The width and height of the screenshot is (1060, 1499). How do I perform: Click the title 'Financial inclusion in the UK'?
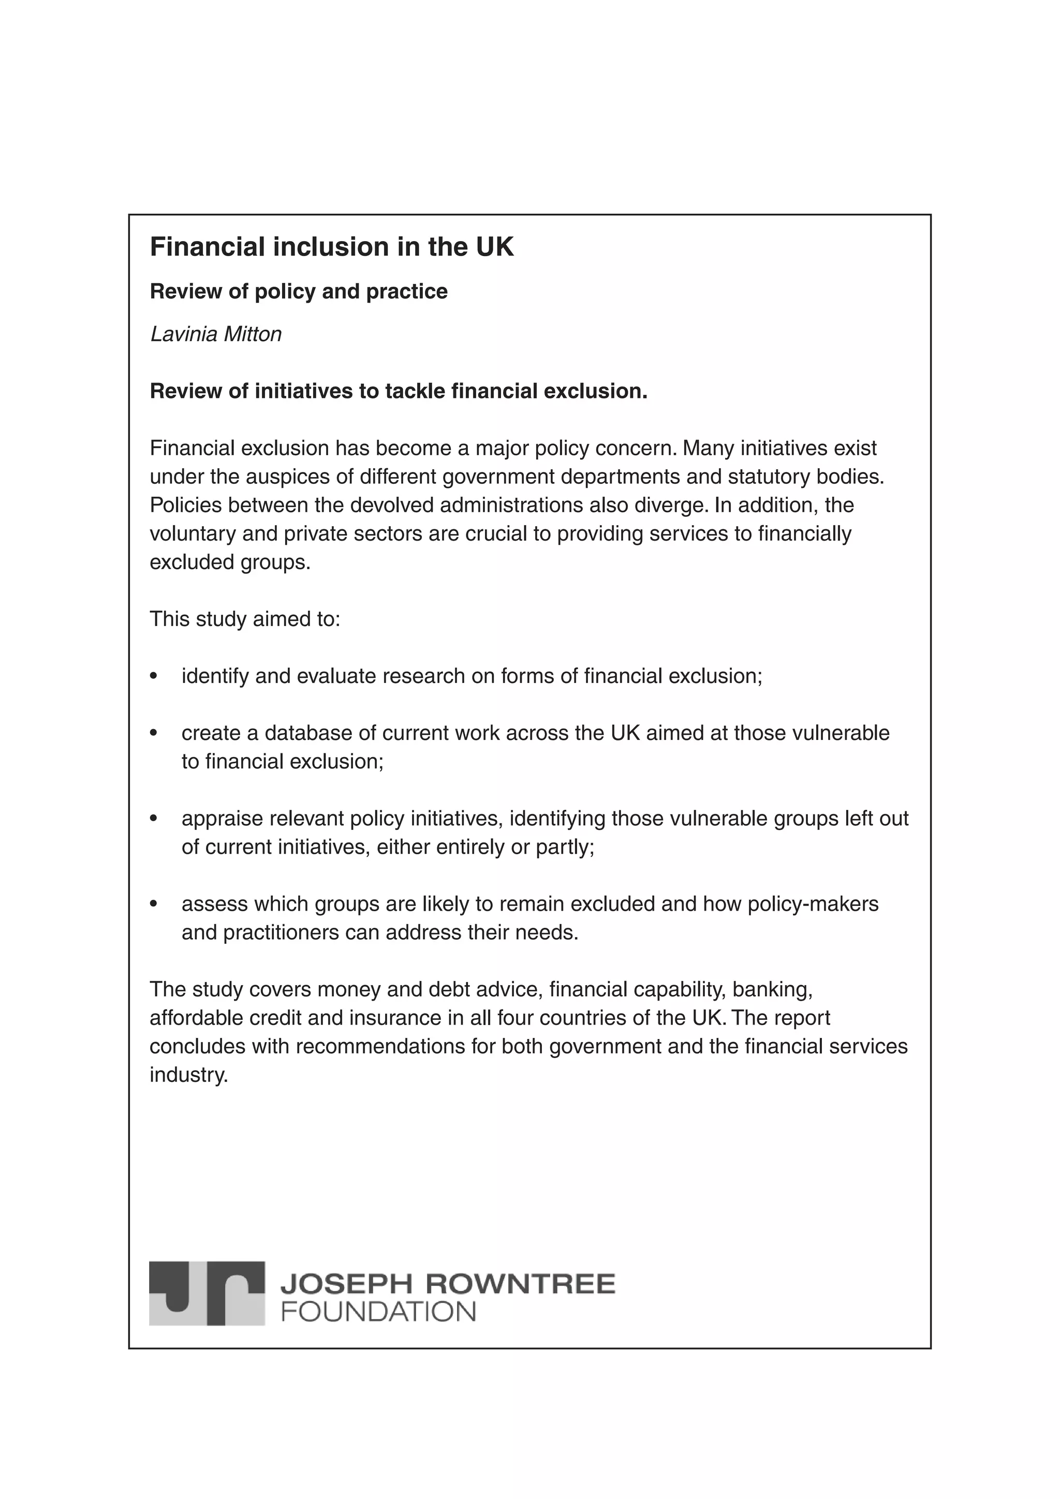332,247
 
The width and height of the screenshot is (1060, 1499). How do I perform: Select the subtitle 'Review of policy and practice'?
299,291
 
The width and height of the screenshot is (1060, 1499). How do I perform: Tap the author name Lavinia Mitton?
215,334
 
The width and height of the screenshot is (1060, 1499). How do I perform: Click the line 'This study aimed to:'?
245,619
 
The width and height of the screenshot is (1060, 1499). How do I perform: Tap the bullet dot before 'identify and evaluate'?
154,676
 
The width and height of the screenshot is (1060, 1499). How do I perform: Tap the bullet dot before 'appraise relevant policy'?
154,819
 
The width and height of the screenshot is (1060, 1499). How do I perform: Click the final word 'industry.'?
189,1075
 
